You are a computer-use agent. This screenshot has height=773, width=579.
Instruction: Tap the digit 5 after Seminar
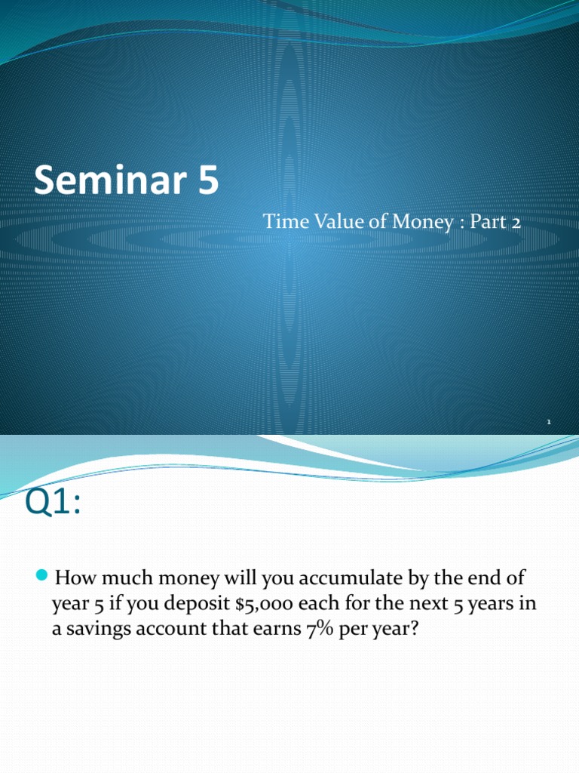pyautogui.click(x=207, y=182)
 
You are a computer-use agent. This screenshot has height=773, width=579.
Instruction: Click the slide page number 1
pyautogui.click(x=549, y=423)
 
